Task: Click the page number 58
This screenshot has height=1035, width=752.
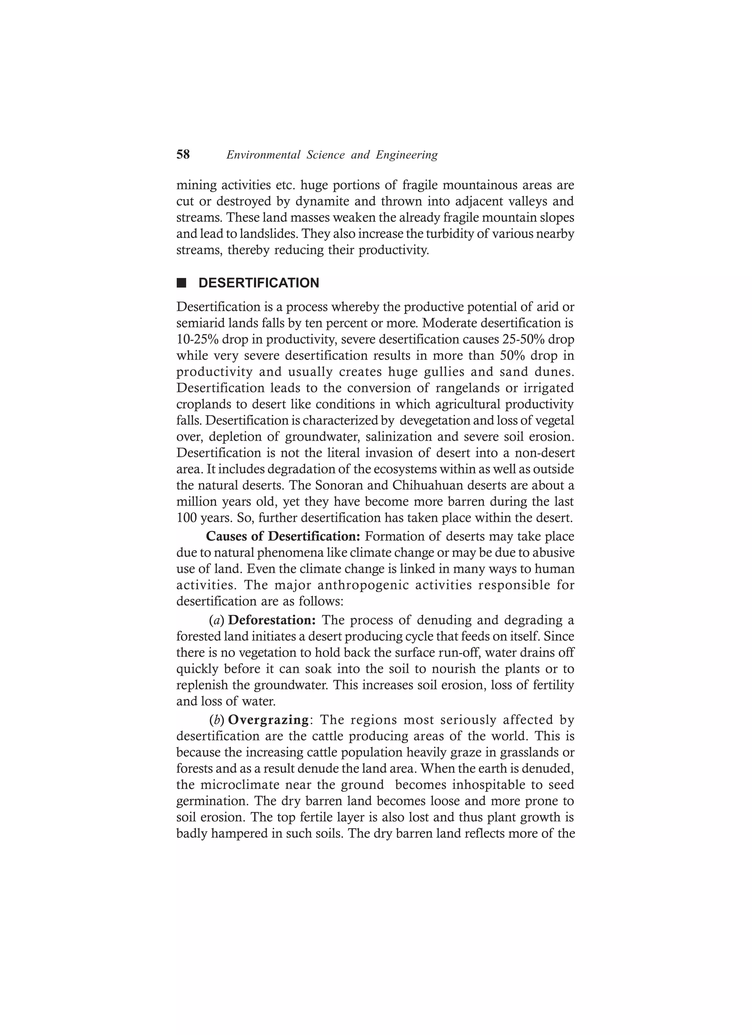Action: pos(183,155)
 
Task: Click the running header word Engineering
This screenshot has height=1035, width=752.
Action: pos(406,155)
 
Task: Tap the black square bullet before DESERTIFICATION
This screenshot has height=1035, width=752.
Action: pos(182,283)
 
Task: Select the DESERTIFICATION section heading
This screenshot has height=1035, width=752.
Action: pos(259,283)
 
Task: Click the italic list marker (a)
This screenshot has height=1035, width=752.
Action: pos(217,620)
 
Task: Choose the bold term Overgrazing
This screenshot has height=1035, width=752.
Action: pos(268,720)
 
